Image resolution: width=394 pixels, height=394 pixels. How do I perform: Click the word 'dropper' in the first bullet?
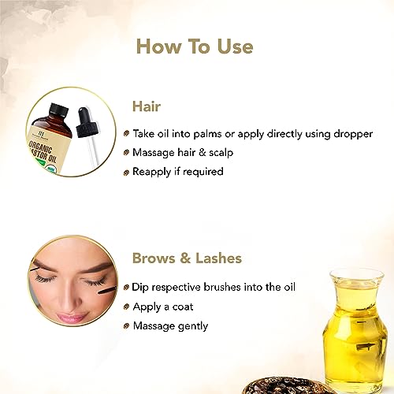coord(351,134)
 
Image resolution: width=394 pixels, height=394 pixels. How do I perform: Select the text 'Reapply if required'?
coord(178,172)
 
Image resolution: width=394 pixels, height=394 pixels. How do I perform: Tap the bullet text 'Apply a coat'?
coord(164,306)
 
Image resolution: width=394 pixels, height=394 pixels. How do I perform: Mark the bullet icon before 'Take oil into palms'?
coord(128,134)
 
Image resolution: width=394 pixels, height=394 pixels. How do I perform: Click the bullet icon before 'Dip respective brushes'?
coord(128,287)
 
